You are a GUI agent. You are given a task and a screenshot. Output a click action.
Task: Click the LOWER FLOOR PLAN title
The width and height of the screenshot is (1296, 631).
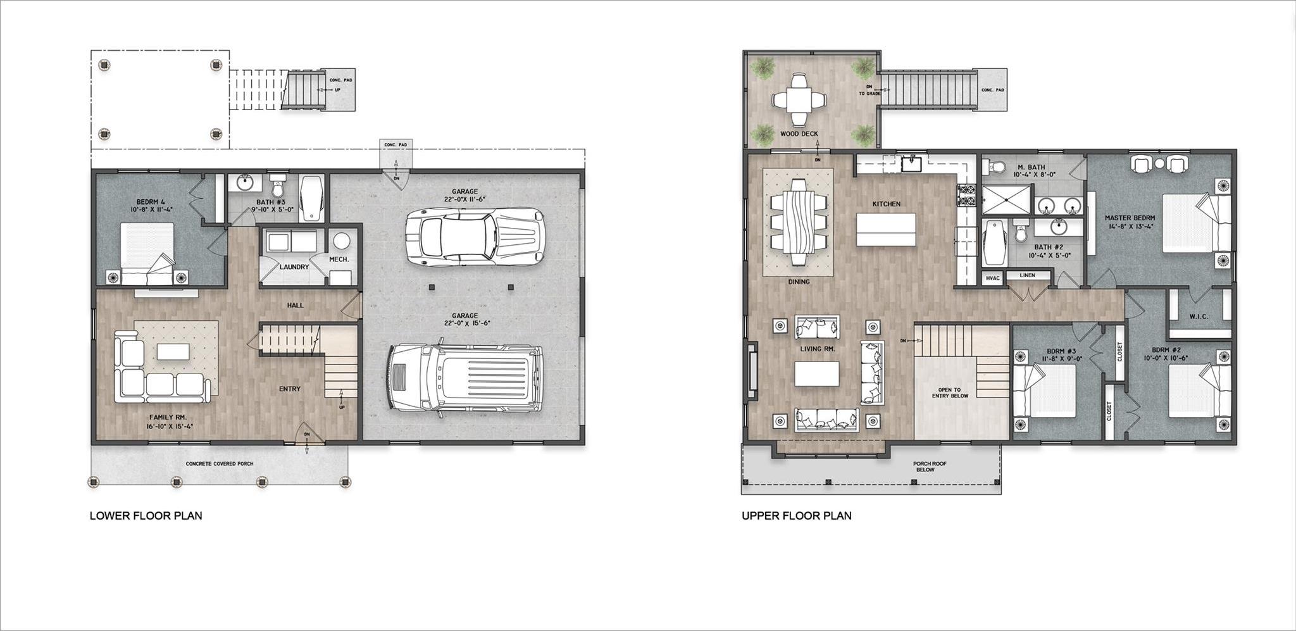146,516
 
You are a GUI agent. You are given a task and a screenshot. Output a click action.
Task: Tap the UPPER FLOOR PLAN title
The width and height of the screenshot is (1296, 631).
796,516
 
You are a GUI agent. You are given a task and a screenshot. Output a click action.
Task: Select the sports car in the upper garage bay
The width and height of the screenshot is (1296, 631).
475,236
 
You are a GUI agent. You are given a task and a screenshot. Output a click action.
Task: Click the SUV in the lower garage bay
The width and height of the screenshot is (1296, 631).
465,378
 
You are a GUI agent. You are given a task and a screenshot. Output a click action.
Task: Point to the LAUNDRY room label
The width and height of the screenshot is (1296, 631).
294,267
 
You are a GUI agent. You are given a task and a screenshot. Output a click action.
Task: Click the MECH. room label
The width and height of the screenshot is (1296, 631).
339,259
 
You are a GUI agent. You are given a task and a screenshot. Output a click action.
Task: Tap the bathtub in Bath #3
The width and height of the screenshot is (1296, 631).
311,198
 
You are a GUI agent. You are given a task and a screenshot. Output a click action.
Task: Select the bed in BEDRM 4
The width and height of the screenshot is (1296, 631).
147,253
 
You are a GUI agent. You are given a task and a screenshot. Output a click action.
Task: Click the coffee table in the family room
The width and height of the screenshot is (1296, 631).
173,352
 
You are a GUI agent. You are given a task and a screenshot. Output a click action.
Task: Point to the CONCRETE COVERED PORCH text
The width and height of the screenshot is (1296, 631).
219,464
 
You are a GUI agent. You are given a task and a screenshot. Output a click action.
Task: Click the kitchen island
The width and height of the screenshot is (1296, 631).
885,230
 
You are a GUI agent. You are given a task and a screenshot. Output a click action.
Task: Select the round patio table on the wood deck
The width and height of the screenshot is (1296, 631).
799,99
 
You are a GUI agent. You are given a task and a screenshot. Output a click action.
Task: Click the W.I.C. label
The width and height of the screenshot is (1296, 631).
1199,316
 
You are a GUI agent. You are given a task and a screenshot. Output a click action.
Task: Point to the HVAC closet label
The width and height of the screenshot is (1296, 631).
992,278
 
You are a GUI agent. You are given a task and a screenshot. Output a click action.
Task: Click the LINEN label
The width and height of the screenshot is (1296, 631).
1027,275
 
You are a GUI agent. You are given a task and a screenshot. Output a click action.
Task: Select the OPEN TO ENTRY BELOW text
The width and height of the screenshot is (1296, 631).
950,393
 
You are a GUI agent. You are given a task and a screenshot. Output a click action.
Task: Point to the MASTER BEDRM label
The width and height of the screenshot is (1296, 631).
1130,222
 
